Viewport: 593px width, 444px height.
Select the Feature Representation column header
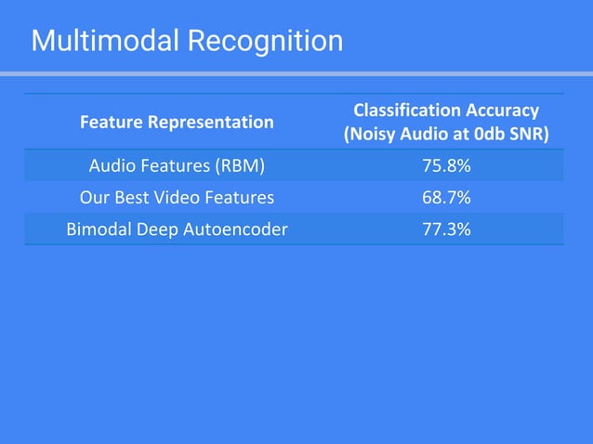coord(177,122)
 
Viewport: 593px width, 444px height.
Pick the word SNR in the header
coord(531,134)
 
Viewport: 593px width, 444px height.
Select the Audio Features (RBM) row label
coord(177,166)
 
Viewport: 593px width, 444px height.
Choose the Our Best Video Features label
coord(177,198)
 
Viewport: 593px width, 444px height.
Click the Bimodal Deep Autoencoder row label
coord(177,229)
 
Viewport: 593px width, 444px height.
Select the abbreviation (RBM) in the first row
coord(240,166)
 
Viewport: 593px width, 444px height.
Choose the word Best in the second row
coord(134,198)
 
